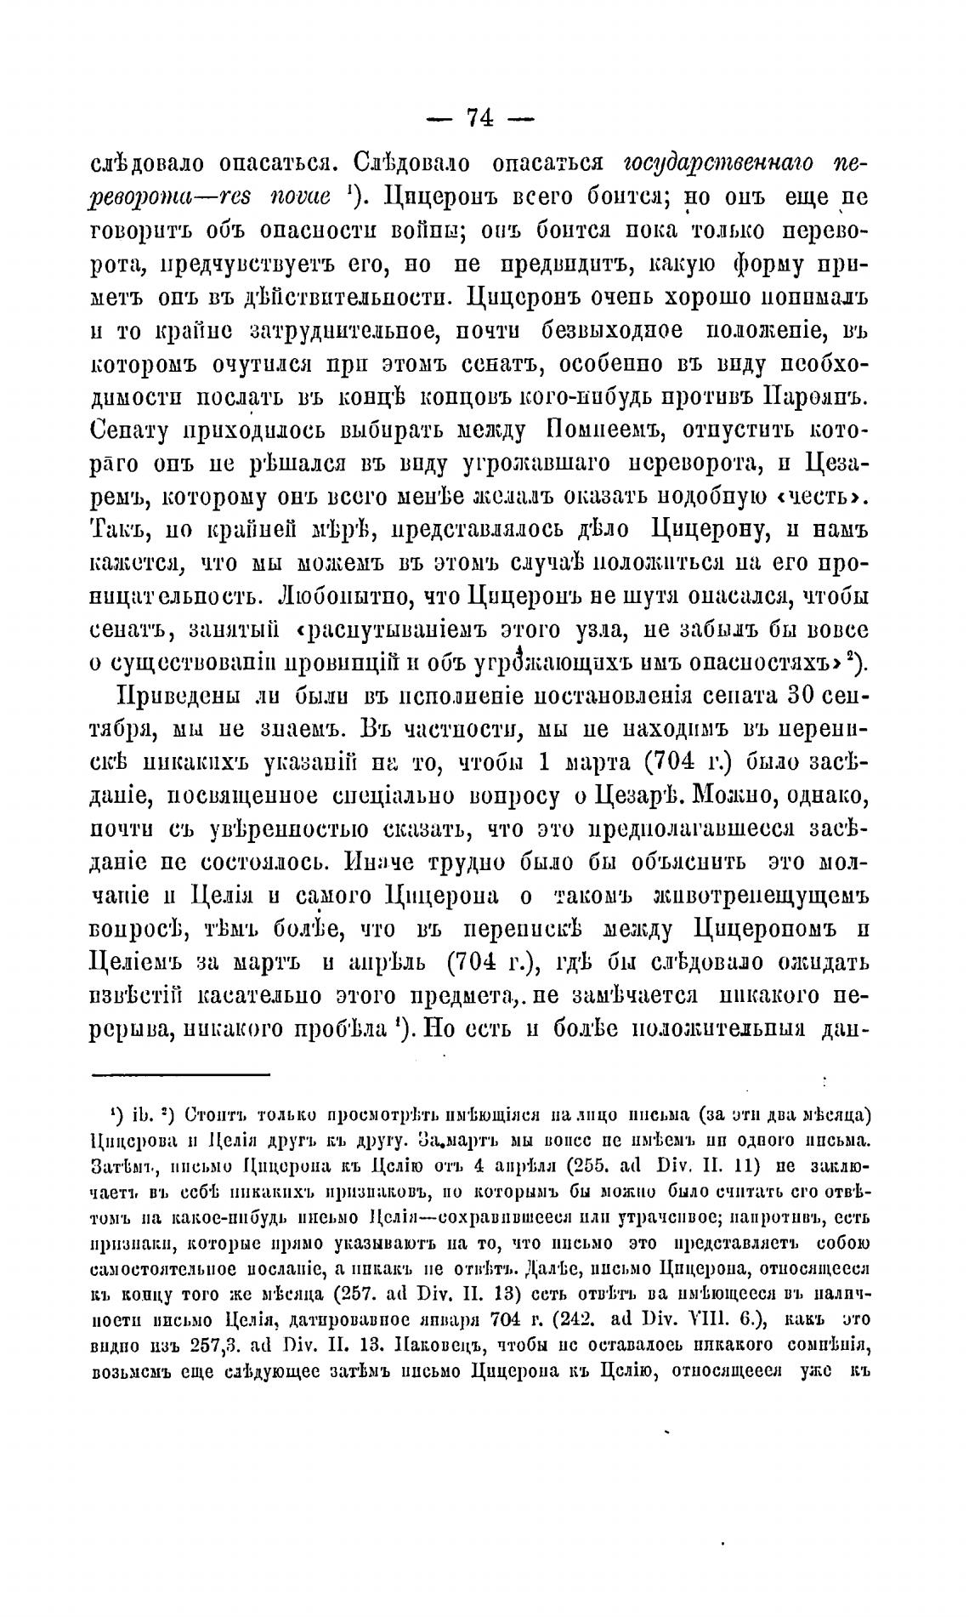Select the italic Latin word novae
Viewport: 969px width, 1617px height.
pyautogui.click(x=290, y=198)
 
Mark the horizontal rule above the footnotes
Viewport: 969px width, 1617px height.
pyautogui.click(x=180, y=1074)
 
